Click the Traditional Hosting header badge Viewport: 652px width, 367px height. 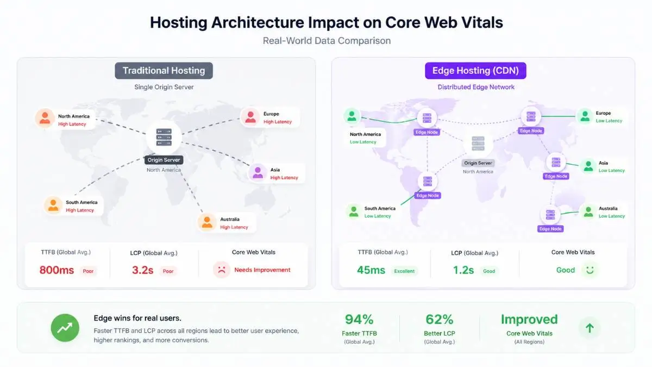point(164,71)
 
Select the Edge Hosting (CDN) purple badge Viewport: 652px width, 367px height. point(475,71)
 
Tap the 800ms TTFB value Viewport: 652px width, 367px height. point(57,270)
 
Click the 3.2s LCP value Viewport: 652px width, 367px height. point(142,270)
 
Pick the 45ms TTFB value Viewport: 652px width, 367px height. point(371,270)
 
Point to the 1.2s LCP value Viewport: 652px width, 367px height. point(463,270)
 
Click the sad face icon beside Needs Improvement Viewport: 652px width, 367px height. point(222,270)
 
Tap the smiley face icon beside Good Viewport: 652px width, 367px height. point(590,270)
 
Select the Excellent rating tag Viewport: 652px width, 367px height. point(404,271)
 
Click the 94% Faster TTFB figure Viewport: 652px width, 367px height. point(359,320)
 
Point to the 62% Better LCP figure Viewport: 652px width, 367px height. point(440,320)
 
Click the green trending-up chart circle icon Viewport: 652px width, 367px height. point(65,328)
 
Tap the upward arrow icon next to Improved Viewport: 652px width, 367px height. point(590,328)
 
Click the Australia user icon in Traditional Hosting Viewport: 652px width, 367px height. point(207,222)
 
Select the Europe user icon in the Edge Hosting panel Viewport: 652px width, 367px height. point(585,116)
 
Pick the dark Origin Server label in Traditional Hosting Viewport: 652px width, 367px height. point(164,160)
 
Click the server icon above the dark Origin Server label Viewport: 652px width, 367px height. point(164,137)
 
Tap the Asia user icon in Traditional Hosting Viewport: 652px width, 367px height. point(258,173)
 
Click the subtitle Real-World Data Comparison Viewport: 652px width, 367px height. point(327,41)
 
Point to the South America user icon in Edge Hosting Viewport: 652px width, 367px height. point(354,212)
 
